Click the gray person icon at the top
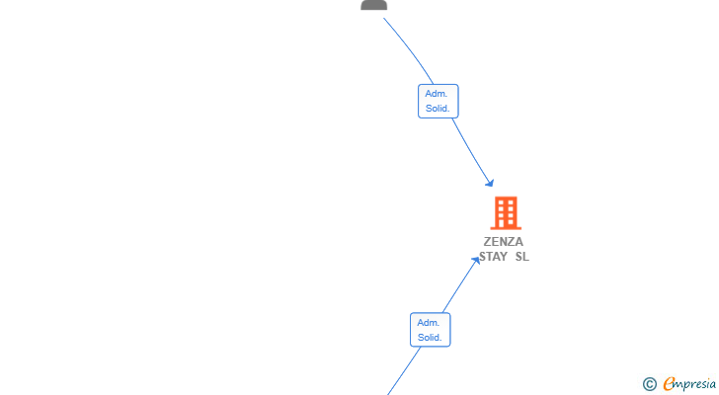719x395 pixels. pos(373,5)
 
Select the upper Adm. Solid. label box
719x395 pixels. pos(438,102)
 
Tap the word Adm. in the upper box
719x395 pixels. pos(437,94)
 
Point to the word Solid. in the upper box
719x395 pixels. pos(438,109)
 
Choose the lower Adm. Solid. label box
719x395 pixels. pos(431,330)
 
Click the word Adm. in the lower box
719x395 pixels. pos(429,323)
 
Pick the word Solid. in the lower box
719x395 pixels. pos(430,338)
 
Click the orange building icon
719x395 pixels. pos(506,213)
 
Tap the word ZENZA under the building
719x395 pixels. pos(504,242)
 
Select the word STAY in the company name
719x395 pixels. pos(494,257)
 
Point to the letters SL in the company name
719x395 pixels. pos(521,257)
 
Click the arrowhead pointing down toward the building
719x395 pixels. pos(490,184)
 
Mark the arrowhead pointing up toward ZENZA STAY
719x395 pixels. pos(476,261)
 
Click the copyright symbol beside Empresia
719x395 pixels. pos(649,384)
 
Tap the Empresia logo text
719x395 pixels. pos(689,384)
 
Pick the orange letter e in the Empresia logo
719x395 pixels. pos(669,383)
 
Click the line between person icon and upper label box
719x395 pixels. pos(410,49)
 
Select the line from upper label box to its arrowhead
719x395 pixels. pos(471,151)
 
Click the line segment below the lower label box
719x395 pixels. pos(404,370)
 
